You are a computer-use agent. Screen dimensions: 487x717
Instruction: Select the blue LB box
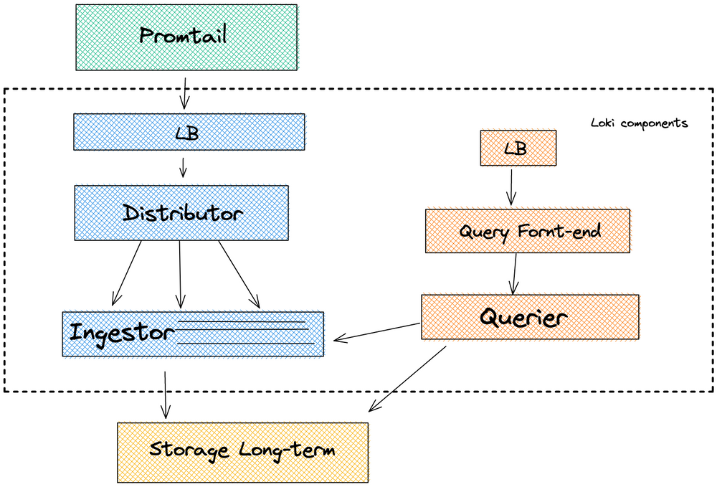click(x=189, y=131)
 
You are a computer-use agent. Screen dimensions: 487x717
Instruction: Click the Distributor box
click(x=181, y=213)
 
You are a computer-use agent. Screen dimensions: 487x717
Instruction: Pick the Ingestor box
click(x=192, y=334)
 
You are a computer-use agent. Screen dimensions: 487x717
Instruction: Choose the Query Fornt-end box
click(x=527, y=231)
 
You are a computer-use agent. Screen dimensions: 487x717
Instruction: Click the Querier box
click(x=529, y=316)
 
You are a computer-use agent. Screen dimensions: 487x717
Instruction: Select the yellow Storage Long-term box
click(x=242, y=451)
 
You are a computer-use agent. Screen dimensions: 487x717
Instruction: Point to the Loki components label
click(x=639, y=123)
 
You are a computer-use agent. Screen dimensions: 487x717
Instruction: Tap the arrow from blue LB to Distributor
click(x=183, y=167)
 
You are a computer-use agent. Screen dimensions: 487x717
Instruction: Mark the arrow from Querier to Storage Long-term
click(x=407, y=379)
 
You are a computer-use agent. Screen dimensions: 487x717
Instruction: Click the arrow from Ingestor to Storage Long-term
click(x=166, y=394)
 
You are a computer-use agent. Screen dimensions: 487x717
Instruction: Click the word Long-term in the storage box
click(x=287, y=451)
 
